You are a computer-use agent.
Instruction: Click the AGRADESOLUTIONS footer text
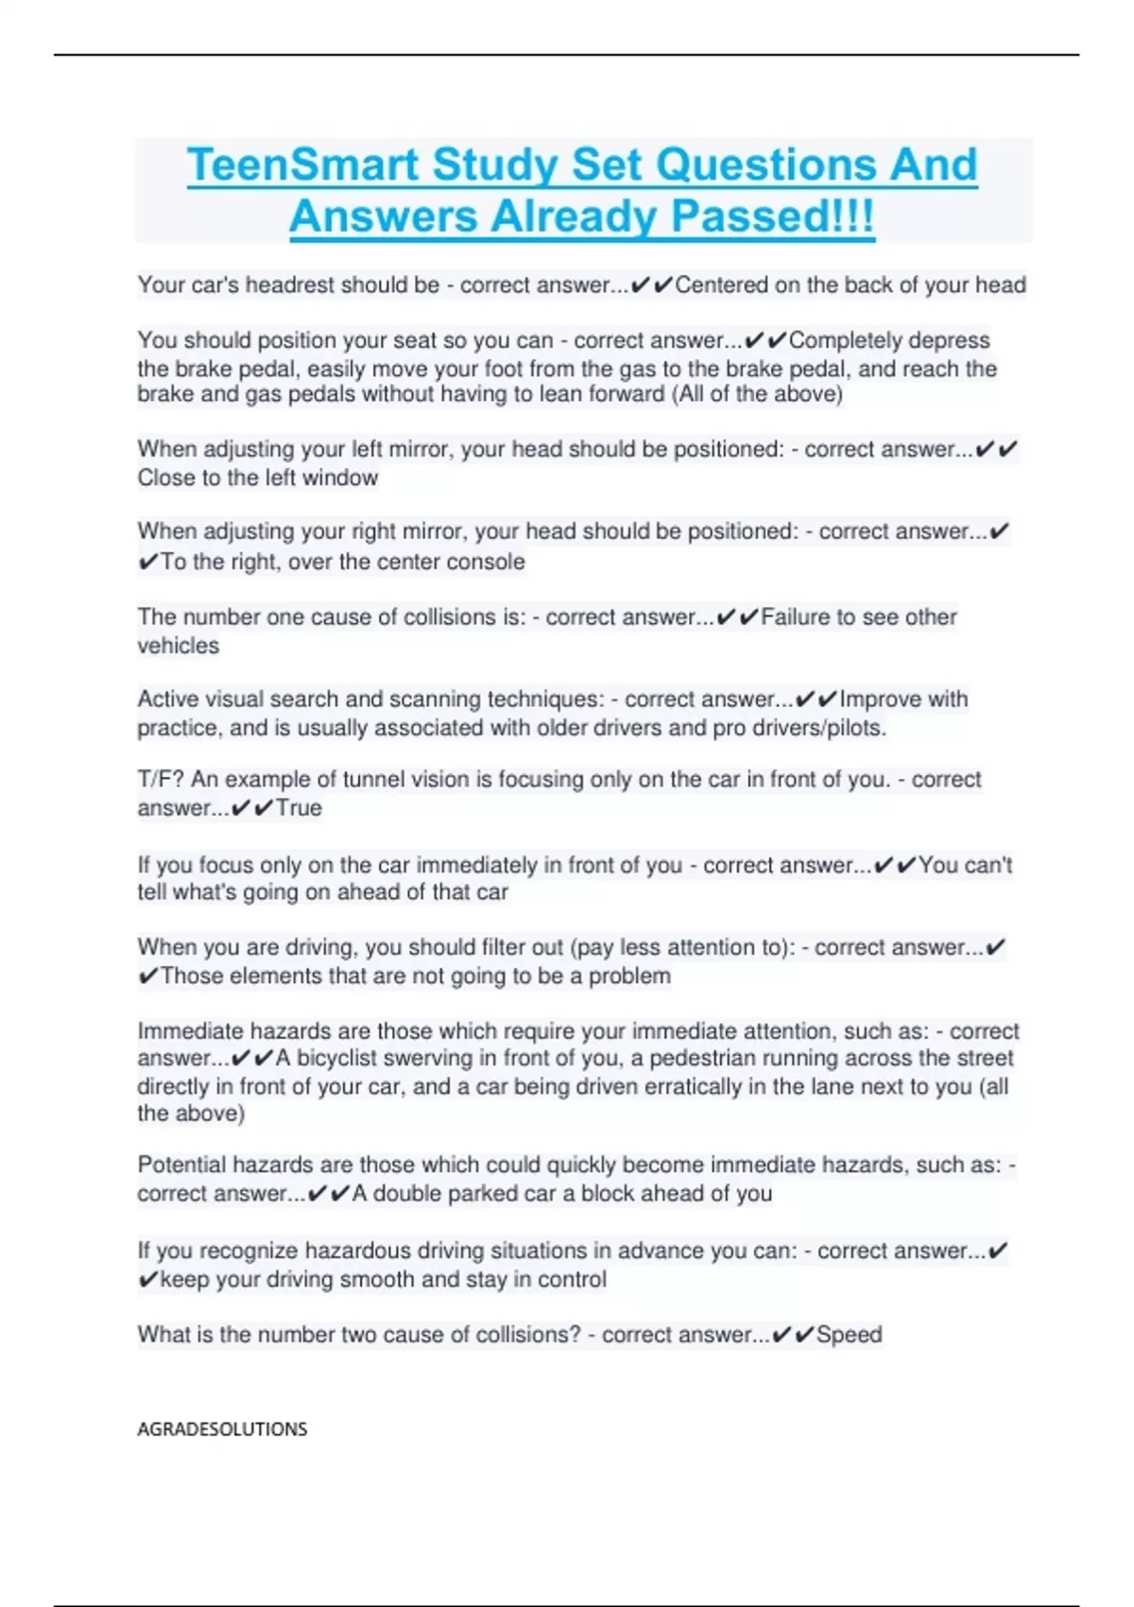(x=222, y=1429)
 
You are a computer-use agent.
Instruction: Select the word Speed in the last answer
(x=849, y=1335)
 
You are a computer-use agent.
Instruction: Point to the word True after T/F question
(x=299, y=808)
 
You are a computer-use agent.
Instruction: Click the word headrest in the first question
(x=290, y=285)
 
